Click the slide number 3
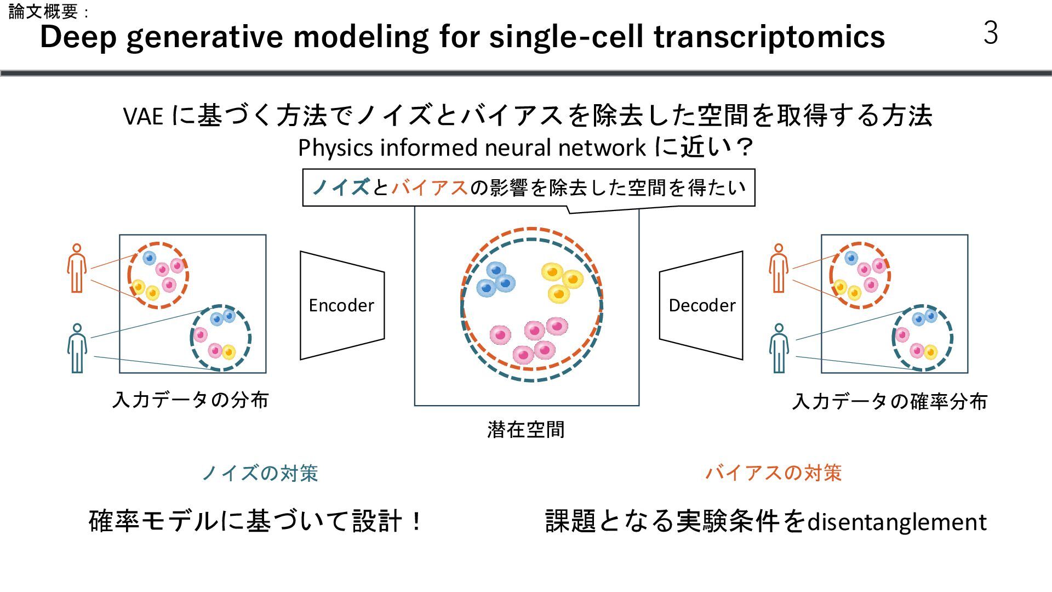tap(991, 33)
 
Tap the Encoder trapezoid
tap(342, 305)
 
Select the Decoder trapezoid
tap(701, 305)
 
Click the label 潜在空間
tap(525, 430)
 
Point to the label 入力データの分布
tap(190, 400)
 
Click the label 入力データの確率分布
tap(890, 402)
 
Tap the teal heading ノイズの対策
tap(260, 473)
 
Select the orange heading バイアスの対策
tap(773, 473)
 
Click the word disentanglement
tap(897, 522)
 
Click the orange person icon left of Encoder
tap(77, 269)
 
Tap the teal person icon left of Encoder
tap(77, 348)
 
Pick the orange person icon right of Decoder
tap(779, 269)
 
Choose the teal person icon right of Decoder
tap(779, 348)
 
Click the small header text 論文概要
tap(44, 12)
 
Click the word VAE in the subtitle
tap(143, 116)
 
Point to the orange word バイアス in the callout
tap(430, 188)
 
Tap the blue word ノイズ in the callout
tap(341, 188)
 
